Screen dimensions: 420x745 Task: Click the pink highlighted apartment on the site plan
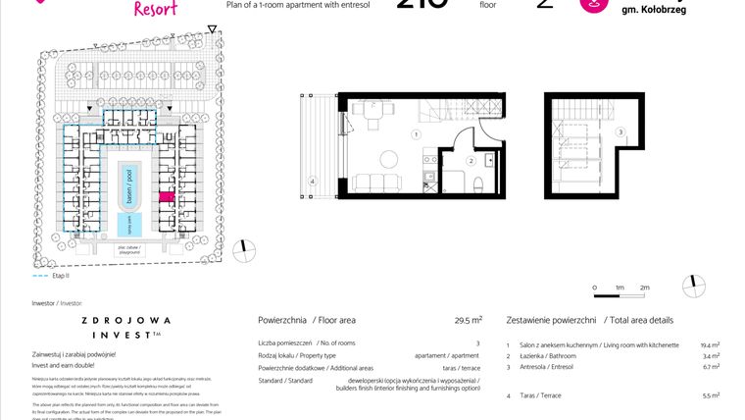pos(166,197)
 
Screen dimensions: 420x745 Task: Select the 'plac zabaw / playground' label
pos(128,250)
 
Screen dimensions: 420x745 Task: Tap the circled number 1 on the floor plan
pos(416,134)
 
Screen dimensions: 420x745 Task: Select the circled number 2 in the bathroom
pos(471,160)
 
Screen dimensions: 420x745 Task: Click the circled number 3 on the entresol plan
pos(620,131)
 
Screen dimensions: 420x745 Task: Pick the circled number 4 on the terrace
pos(312,181)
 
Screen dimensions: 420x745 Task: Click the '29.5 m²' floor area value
pos(468,320)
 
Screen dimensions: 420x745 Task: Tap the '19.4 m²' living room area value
pos(710,345)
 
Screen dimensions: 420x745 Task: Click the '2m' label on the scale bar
pos(644,287)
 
